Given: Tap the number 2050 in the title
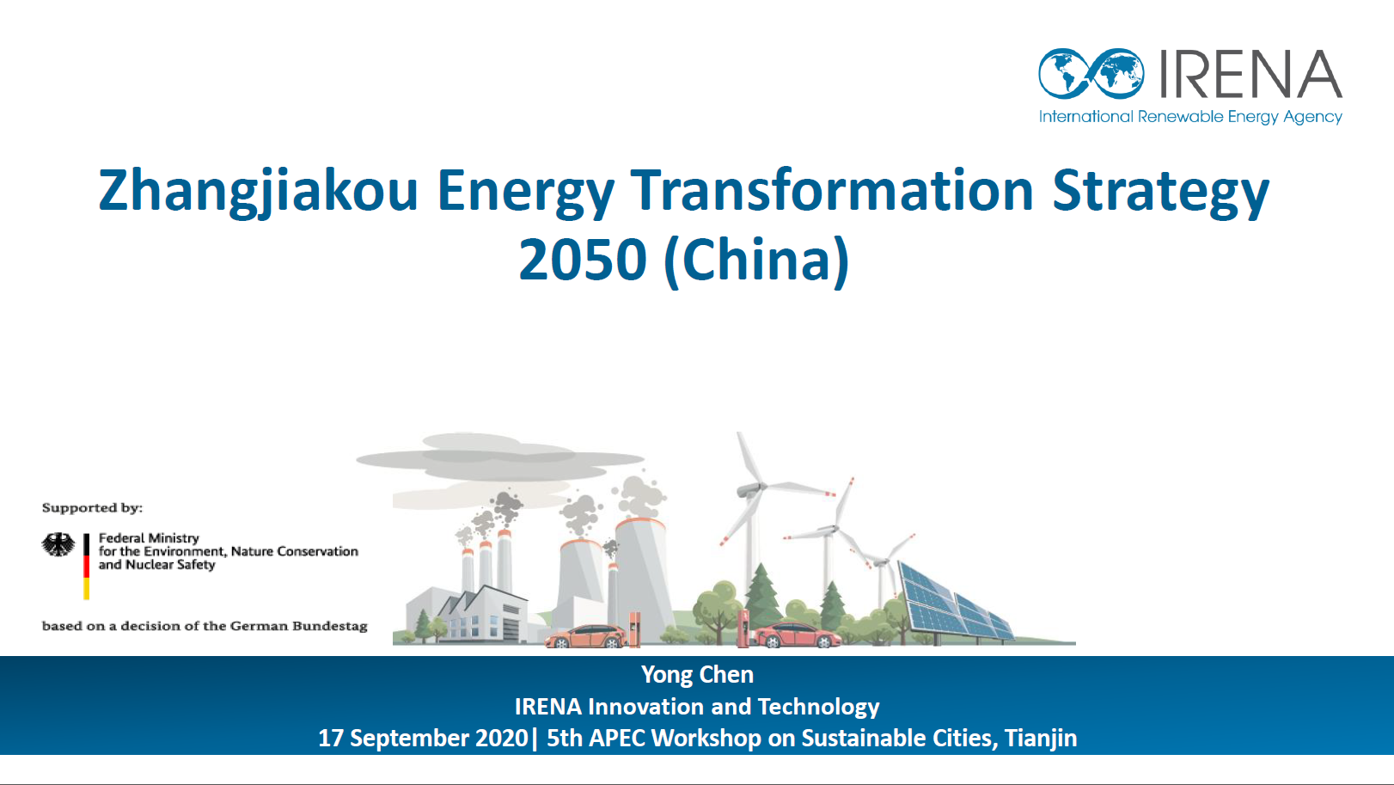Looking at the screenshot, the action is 583,260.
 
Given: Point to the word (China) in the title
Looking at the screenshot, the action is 757,261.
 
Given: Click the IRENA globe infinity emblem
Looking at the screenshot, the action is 1091,73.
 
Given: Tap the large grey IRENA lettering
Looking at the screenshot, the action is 1250,74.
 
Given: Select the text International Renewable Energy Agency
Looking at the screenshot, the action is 1190,117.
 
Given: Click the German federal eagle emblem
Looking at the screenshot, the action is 58,545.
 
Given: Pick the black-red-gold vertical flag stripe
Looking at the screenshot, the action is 87,566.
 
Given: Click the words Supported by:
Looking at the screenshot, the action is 92,508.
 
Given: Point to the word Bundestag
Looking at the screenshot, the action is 330,626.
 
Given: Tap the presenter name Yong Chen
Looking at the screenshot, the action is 697,675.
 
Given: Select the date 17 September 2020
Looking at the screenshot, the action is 423,739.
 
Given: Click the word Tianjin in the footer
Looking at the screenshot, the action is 1041,739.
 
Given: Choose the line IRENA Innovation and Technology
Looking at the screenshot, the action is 697,707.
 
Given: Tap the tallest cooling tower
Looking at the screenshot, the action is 644,579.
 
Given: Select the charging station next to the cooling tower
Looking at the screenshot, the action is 634,629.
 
